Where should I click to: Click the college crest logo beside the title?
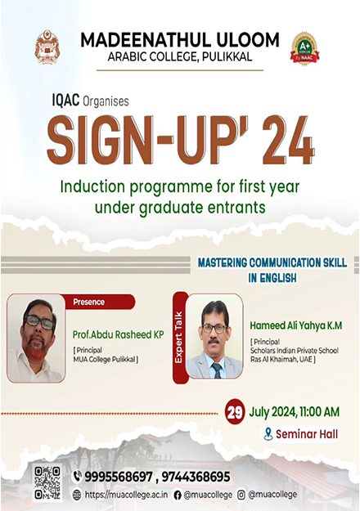point(47,47)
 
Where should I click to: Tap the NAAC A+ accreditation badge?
point(304,48)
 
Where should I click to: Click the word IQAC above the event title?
point(65,100)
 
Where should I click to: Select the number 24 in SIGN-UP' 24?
point(288,141)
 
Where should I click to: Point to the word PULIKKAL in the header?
point(227,57)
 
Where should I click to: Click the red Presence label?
point(98,302)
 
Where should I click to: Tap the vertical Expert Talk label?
point(178,338)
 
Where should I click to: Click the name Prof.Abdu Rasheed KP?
point(118,334)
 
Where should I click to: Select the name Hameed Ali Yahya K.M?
point(296,325)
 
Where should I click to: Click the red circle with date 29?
point(235,411)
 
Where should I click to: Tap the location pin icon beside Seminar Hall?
point(268,434)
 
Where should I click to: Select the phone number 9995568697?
point(119,477)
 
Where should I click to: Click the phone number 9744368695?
point(196,477)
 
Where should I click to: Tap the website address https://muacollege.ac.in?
point(126,495)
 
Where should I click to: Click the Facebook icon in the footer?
point(178,495)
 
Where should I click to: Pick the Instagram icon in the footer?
point(241,495)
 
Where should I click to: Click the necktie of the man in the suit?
point(217,370)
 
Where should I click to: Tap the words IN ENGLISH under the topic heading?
point(272,278)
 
